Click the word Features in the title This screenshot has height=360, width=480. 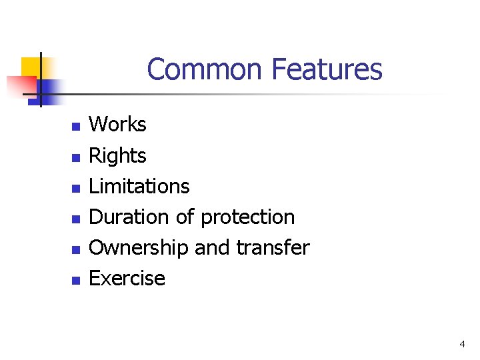coord(327,69)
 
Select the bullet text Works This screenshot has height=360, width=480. coord(117,125)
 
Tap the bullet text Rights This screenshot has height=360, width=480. coord(117,156)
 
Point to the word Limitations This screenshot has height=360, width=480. coord(139,186)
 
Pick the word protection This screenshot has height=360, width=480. coord(247,217)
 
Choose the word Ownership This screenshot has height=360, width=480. coord(139,247)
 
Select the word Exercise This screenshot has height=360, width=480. coord(127,278)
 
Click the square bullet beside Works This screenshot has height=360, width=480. coord(76,126)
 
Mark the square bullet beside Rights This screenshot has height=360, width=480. coord(76,157)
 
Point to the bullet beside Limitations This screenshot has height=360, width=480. coord(76,188)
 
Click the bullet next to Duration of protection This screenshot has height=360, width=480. coord(76,219)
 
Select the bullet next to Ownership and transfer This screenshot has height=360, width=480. coord(76,249)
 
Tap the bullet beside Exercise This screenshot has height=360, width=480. coord(76,280)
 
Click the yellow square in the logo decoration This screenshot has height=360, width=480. coord(31,67)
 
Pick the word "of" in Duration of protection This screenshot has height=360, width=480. coord(185,217)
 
